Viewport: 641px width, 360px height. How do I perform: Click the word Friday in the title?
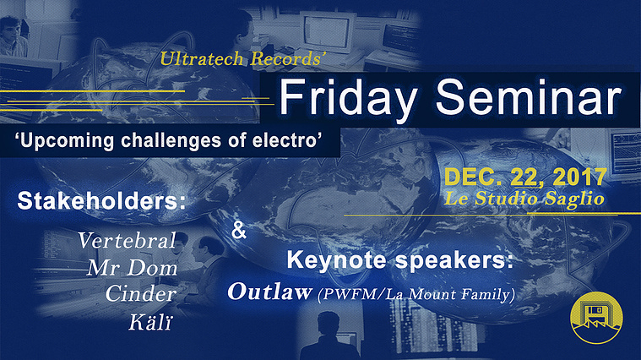pos(347,97)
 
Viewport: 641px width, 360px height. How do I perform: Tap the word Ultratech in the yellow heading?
pos(202,59)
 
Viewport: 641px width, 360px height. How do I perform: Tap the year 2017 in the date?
pos(579,177)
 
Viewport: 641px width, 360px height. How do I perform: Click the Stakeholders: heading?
pos(101,201)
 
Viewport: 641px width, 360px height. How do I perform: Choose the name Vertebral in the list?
pos(128,240)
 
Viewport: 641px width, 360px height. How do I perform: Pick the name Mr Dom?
pos(132,268)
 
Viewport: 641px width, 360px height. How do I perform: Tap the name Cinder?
pos(141,294)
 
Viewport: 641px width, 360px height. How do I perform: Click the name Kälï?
pos(150,322)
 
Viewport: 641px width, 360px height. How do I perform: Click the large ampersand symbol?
pos(239,230)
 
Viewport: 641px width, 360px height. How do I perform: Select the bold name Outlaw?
pos(269,292)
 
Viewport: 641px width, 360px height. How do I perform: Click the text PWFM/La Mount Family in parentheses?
pos(416,295)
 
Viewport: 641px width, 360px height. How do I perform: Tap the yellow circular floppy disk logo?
pos(596,318)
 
